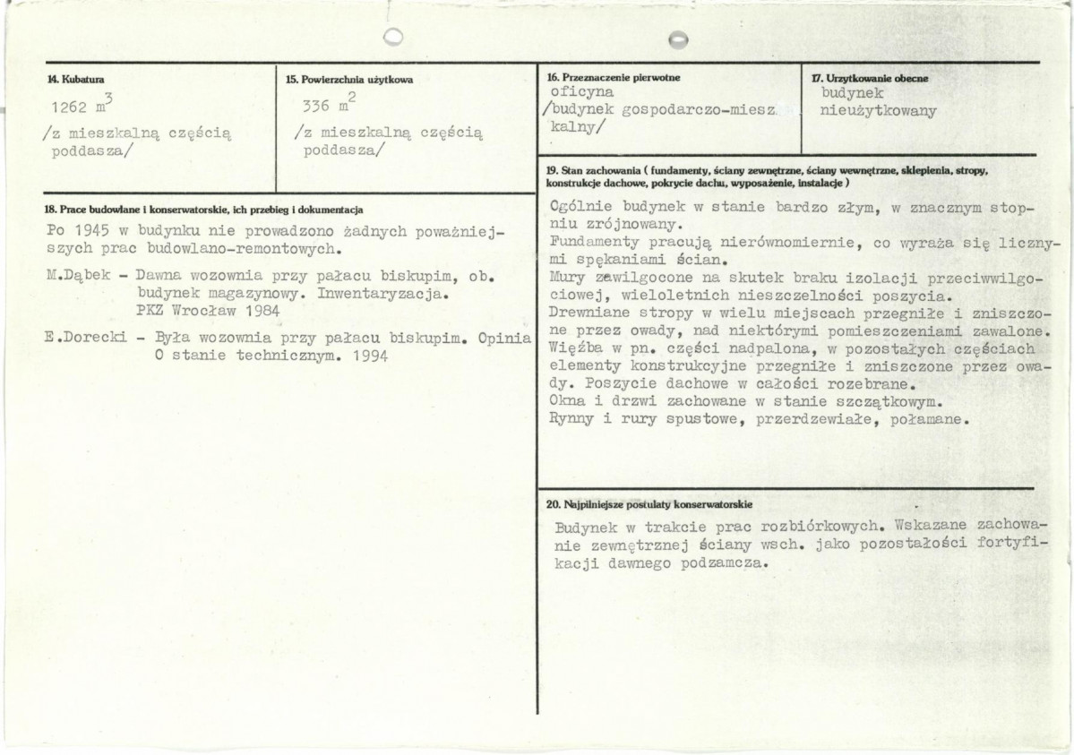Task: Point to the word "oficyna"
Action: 582,92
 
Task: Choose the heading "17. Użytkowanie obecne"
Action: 870,78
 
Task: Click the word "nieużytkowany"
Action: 878,111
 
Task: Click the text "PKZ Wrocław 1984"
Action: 202,309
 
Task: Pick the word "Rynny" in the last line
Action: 571,419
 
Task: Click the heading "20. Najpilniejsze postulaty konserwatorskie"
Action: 649,504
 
